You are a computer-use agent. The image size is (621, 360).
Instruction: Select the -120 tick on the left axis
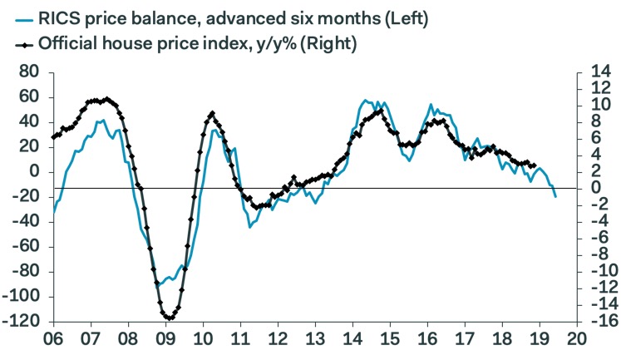(23, 322)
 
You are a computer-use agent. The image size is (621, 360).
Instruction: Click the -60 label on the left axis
(27, 247)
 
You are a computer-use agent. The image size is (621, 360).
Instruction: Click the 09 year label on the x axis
(165, 340)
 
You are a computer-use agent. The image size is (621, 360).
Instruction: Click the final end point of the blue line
(555, 196)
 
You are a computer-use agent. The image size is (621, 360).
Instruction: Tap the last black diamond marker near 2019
(534, 165)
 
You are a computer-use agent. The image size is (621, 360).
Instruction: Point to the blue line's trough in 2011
(249, 226)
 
